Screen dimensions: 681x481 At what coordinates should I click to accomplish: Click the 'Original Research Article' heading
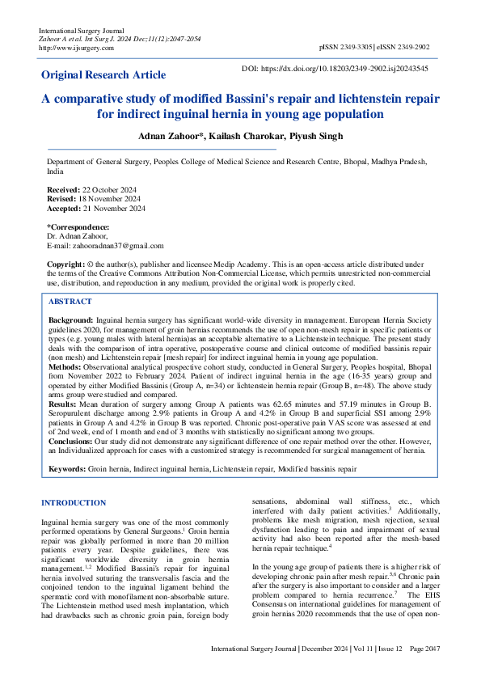pos(103,75)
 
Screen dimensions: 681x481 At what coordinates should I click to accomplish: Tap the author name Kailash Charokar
pos(241,135)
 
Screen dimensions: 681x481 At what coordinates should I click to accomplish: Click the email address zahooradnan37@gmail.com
pos(116,246)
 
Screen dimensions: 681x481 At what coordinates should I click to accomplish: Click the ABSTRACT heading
pos(70,301)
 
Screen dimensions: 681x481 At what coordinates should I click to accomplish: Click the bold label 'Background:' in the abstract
pos(71,321)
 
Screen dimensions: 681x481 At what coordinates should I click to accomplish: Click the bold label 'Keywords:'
pos(67,468)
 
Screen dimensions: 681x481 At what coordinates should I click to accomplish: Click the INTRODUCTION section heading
pos(76,503)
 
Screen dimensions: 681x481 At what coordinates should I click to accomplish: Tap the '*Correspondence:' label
pos(78,227)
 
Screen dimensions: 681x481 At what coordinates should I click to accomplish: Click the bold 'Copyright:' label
pos(66,264)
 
